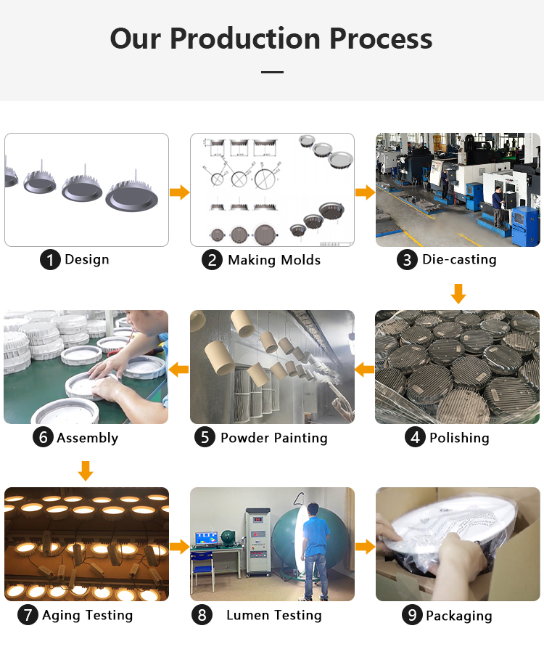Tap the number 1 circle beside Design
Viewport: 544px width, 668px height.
[x=50, y=260]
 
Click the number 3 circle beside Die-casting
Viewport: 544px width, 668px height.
[x=407, y=260]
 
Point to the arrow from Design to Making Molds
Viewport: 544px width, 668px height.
[x=180, y=192]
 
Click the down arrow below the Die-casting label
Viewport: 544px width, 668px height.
[x=458, y=293]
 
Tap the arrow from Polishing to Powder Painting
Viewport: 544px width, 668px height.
[x=364, y=370]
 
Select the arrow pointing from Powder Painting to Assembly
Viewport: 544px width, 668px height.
[x=178, y=370]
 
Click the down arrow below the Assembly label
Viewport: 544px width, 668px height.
[x=86, y=471]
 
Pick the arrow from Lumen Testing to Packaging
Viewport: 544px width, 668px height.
[x=366, y=547]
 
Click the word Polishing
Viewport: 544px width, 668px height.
[x=459, y=438]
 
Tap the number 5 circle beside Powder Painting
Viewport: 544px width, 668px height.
[x=205, y=437]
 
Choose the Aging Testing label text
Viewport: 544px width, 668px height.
[x=87, y=615]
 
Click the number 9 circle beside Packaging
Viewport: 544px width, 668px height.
[x=412, y=615]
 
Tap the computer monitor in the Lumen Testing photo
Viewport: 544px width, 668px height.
[x=206, y=539]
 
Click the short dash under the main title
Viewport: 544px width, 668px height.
[x=273, y=72]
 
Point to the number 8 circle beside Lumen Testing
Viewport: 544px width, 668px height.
[x=202, y=615]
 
